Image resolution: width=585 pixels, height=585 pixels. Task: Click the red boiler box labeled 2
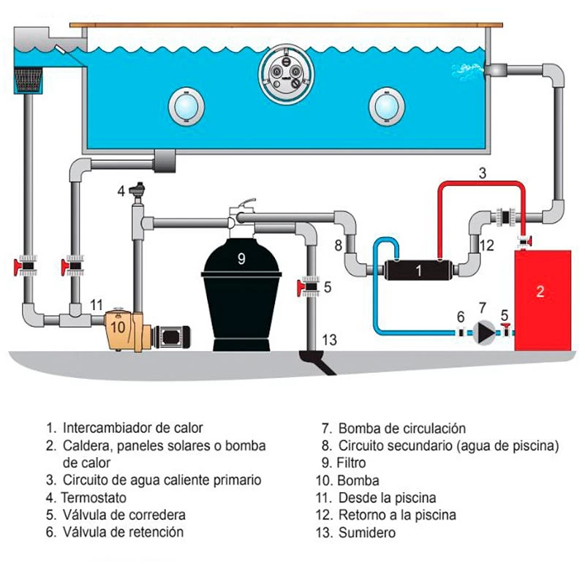(543, 300)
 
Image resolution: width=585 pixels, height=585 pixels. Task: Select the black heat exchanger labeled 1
(418, 270)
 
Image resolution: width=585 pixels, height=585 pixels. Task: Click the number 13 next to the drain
(330, 339)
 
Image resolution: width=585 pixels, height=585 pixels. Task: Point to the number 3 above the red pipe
(482, 173)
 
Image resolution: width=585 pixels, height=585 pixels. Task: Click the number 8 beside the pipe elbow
(339, 246)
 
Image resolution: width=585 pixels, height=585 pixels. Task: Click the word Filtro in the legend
(352, 463)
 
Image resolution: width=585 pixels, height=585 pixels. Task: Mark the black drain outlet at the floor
(317, 362)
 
